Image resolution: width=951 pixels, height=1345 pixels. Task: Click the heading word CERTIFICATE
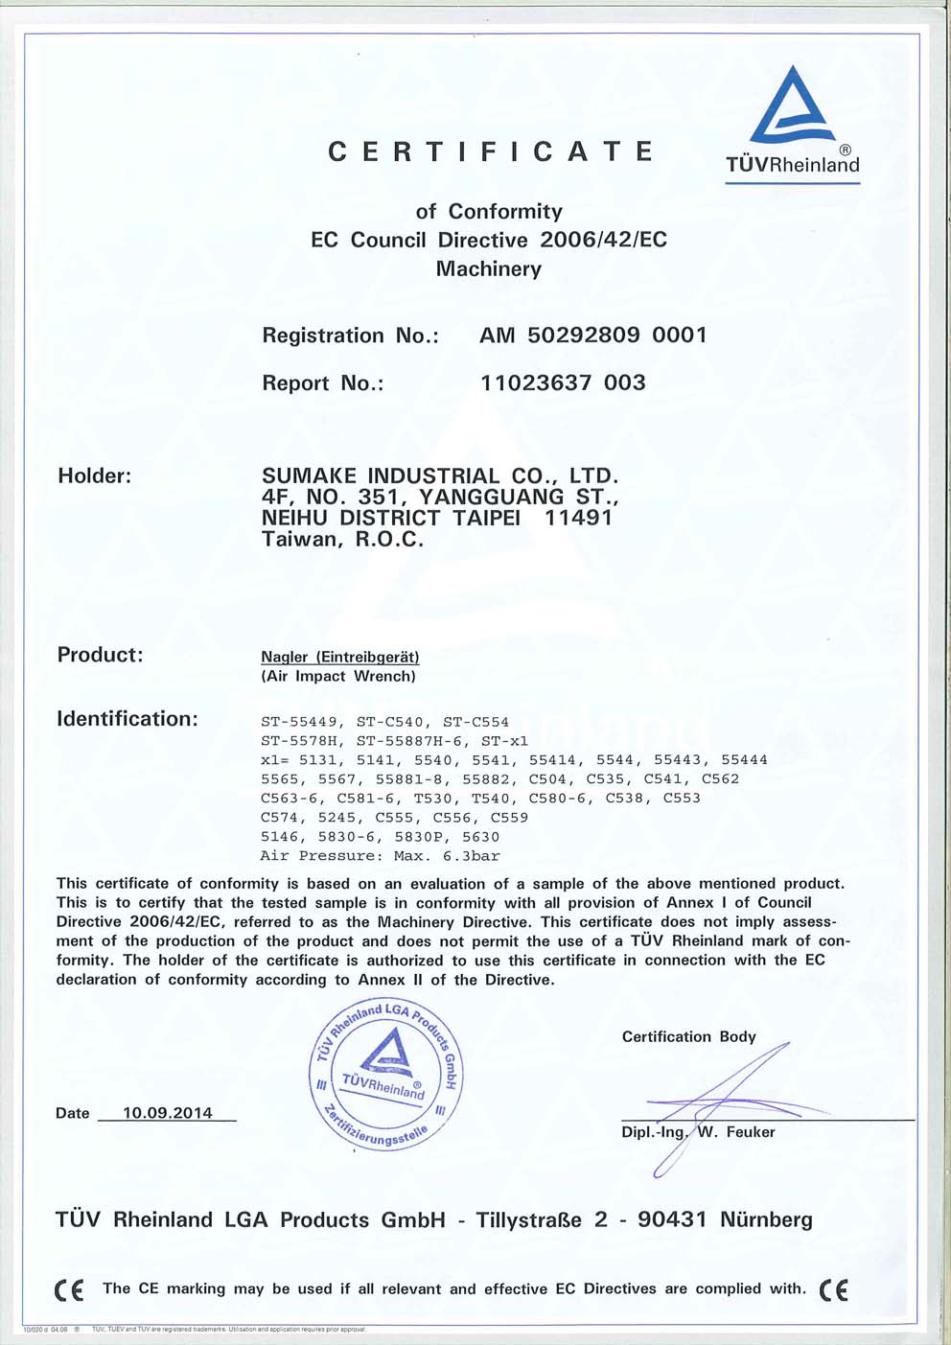pyautogui.click(x=491, y=151)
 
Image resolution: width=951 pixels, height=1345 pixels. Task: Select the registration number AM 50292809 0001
pyautogui.click(x=593, y=336)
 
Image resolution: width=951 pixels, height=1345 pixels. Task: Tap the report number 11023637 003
pyautogui.click(x=563, y=383)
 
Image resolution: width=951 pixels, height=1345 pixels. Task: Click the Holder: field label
pyautogui.click(x=95, y=475)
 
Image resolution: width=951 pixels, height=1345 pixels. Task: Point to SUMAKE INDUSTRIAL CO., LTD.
pyautogui.click(x=440, y=475)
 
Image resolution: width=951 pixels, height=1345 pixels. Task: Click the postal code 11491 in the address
pyautogui.click(x=578, y=518)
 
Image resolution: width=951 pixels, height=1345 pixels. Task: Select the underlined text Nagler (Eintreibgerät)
pyautogui.click(x=340, y=657)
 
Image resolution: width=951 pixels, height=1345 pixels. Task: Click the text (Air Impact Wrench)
pyautogui.click(x=338, y=676)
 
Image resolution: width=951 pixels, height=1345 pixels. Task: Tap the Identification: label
pyautogui.click(x=128, y=719)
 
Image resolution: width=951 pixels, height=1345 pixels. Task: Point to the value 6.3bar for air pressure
pyautogui.click(x=471, y=856)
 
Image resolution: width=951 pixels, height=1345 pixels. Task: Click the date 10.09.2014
pyautogui.click(x=168, y=1113)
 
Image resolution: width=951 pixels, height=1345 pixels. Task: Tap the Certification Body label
pyautogui.click(x=688, y=1036)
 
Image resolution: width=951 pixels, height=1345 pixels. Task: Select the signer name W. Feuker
pyautogui.click(x=736, y=1132)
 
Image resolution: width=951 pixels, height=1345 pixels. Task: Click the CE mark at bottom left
pyautogui.click(x=69, y=1290)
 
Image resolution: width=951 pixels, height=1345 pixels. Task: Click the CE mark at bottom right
pyautogui.click(x=834, y=1290)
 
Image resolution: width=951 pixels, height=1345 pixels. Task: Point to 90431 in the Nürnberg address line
pyautogui.click(x=672, y=1219)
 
